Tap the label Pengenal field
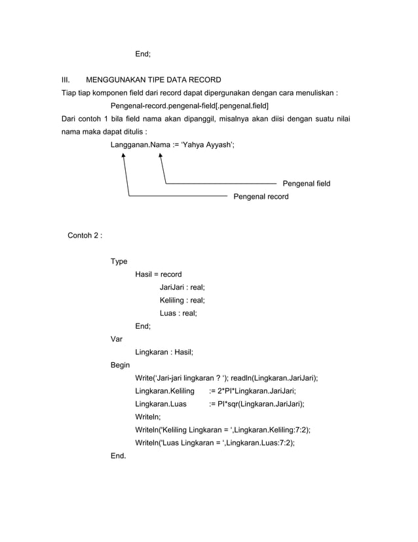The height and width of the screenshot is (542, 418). click(306, 183)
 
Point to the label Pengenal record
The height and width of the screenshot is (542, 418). click(261, 196)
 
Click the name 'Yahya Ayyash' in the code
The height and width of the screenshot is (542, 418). click(206, 144)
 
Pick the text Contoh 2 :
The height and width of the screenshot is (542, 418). click(85, 235)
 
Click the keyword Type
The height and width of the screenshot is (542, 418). click(119, 261)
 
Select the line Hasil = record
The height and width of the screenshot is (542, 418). click(158, 274)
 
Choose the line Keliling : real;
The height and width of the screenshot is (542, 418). click(182, 300)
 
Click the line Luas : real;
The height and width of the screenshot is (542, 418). click(178, 313)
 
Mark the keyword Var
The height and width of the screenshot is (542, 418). click(117, 339)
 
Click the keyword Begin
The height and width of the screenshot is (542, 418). click(120, 365)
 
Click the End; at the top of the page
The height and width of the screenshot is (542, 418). click(143, 54)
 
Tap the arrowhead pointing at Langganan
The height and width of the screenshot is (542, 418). click(124, 156)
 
